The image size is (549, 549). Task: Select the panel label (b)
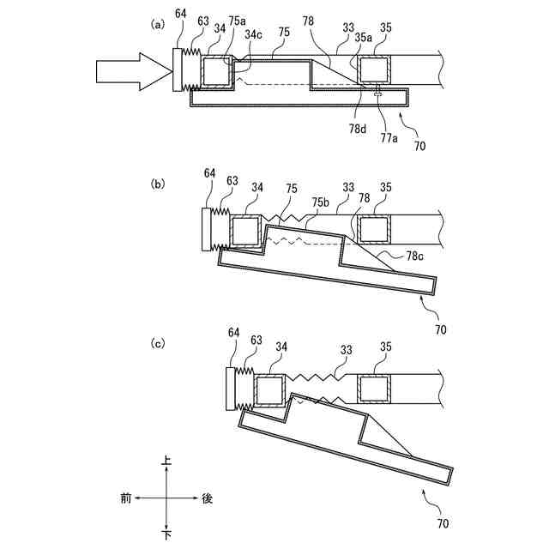coord(156,184)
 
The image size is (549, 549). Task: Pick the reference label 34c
coord(253,34)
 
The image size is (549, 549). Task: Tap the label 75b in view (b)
coord(321,202)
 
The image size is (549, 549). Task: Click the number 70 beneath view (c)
coord(442,522)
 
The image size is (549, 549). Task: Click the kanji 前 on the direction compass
coord(126,498)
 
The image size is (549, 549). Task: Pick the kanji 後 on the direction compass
coord(207,498)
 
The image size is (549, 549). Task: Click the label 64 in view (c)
coord(233,332)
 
